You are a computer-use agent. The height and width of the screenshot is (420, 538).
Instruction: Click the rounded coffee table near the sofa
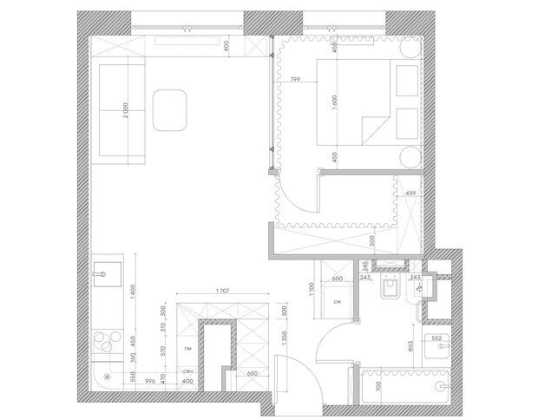coord(171,110)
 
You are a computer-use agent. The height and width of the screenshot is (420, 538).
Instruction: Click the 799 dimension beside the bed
coord(296,80)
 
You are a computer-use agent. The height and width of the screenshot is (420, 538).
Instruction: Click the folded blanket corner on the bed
coord(373,128)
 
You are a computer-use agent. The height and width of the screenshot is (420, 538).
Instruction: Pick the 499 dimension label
coord(412,193)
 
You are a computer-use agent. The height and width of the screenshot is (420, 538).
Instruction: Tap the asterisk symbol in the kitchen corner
coord(106,377)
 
